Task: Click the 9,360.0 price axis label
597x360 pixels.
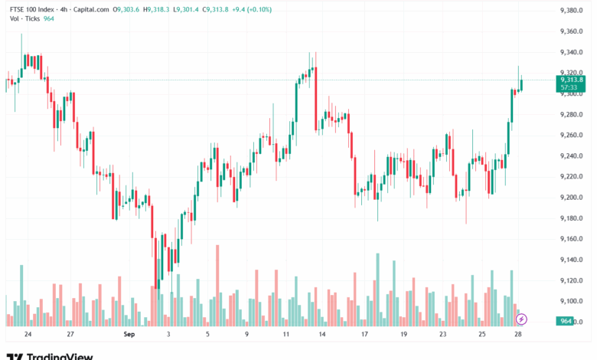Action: click(572, 31)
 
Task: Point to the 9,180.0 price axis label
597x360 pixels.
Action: click(572, 218)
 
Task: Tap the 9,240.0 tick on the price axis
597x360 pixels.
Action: click(572, 155)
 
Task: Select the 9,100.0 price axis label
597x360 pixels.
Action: click(572, 300)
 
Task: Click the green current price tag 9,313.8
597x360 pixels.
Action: click(572, 80)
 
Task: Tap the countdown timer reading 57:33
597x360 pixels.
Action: click(569, 87)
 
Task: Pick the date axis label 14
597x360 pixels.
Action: click(322, 335)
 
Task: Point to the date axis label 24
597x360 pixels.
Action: click(28, 335)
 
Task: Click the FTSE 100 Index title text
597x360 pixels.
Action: click(34, 9)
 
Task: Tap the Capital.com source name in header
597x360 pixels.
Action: click(91, 9)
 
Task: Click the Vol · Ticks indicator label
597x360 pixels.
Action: click(24, 18)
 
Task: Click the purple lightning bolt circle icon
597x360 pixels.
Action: click(521, 318)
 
